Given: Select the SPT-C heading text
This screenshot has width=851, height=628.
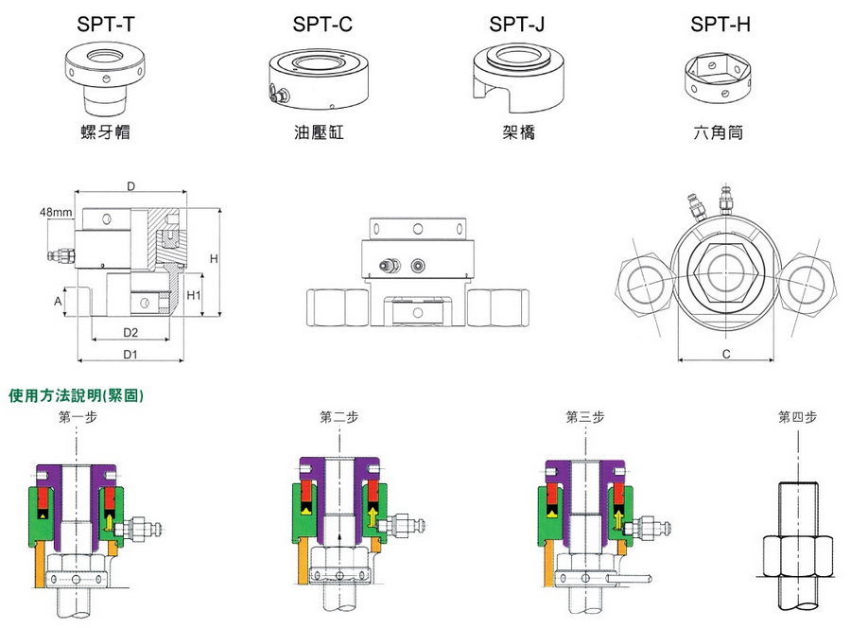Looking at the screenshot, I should tap(321, 25).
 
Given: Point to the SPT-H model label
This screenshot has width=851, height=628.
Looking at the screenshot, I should tap(721, 25).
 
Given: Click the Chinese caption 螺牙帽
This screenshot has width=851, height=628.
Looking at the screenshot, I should tap(105, 132).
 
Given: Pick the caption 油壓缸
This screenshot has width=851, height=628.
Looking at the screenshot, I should tap(319, 132).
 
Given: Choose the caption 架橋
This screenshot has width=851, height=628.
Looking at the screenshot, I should tap(520, 132).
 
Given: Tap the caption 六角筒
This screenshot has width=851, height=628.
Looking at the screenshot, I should tap(718, 132).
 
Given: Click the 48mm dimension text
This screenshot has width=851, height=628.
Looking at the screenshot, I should tap(57, 212).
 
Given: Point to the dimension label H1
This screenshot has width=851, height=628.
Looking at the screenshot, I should tap(197, 295).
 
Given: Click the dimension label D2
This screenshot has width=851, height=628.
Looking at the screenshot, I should tap(131, 332).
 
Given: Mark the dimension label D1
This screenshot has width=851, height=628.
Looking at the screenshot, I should tap(131, 354).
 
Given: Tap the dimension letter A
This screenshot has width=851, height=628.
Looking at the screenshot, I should tap(58, 301).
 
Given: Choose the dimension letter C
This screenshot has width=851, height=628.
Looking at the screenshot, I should tap(725, 354).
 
